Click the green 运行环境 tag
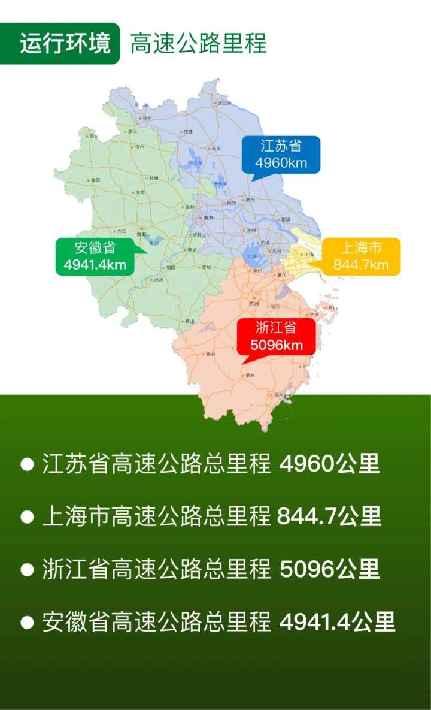point(65,44)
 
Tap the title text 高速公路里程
point(198,44)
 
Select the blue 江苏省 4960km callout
point(281,155)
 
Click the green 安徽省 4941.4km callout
point(95,256)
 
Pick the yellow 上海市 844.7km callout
point(361,256)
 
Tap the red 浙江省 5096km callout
point(275,336)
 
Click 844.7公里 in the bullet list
point(329,516)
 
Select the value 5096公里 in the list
point(329,569)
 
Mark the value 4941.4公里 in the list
point(337,622)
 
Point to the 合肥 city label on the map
point(141,234)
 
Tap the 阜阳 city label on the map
point(96,179)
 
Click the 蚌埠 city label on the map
point(154,178)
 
